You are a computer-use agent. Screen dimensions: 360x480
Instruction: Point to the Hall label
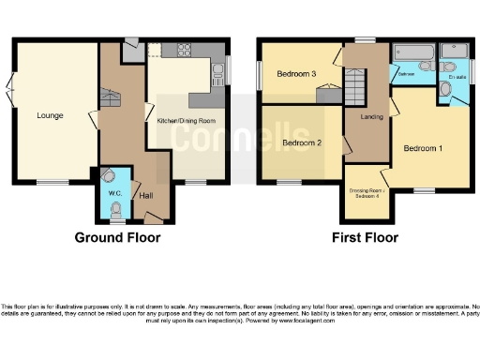[146, 196]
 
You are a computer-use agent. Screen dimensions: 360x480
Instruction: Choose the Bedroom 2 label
[301, 143]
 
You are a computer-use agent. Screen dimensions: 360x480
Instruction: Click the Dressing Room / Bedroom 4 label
[365, 192]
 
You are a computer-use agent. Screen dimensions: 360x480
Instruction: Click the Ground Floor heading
[117, 237]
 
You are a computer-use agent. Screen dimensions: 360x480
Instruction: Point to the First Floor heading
[365, 237]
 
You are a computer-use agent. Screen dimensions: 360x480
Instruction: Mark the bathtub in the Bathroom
[412, 51]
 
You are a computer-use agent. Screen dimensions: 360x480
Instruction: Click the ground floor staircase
[112, 94]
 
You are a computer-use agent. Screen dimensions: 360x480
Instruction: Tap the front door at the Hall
[153, 217]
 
